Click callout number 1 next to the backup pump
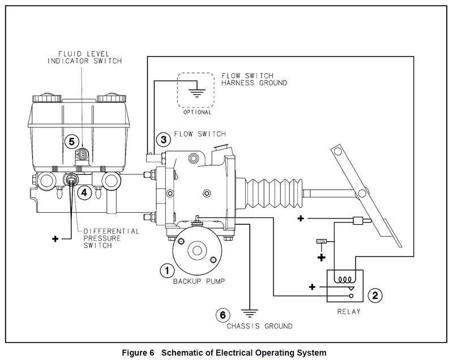167,271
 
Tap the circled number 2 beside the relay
375,295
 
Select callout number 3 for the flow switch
164,140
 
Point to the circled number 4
84,192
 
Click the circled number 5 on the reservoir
72,142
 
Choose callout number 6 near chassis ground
223,315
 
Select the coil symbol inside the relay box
345,280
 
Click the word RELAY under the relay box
349,312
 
